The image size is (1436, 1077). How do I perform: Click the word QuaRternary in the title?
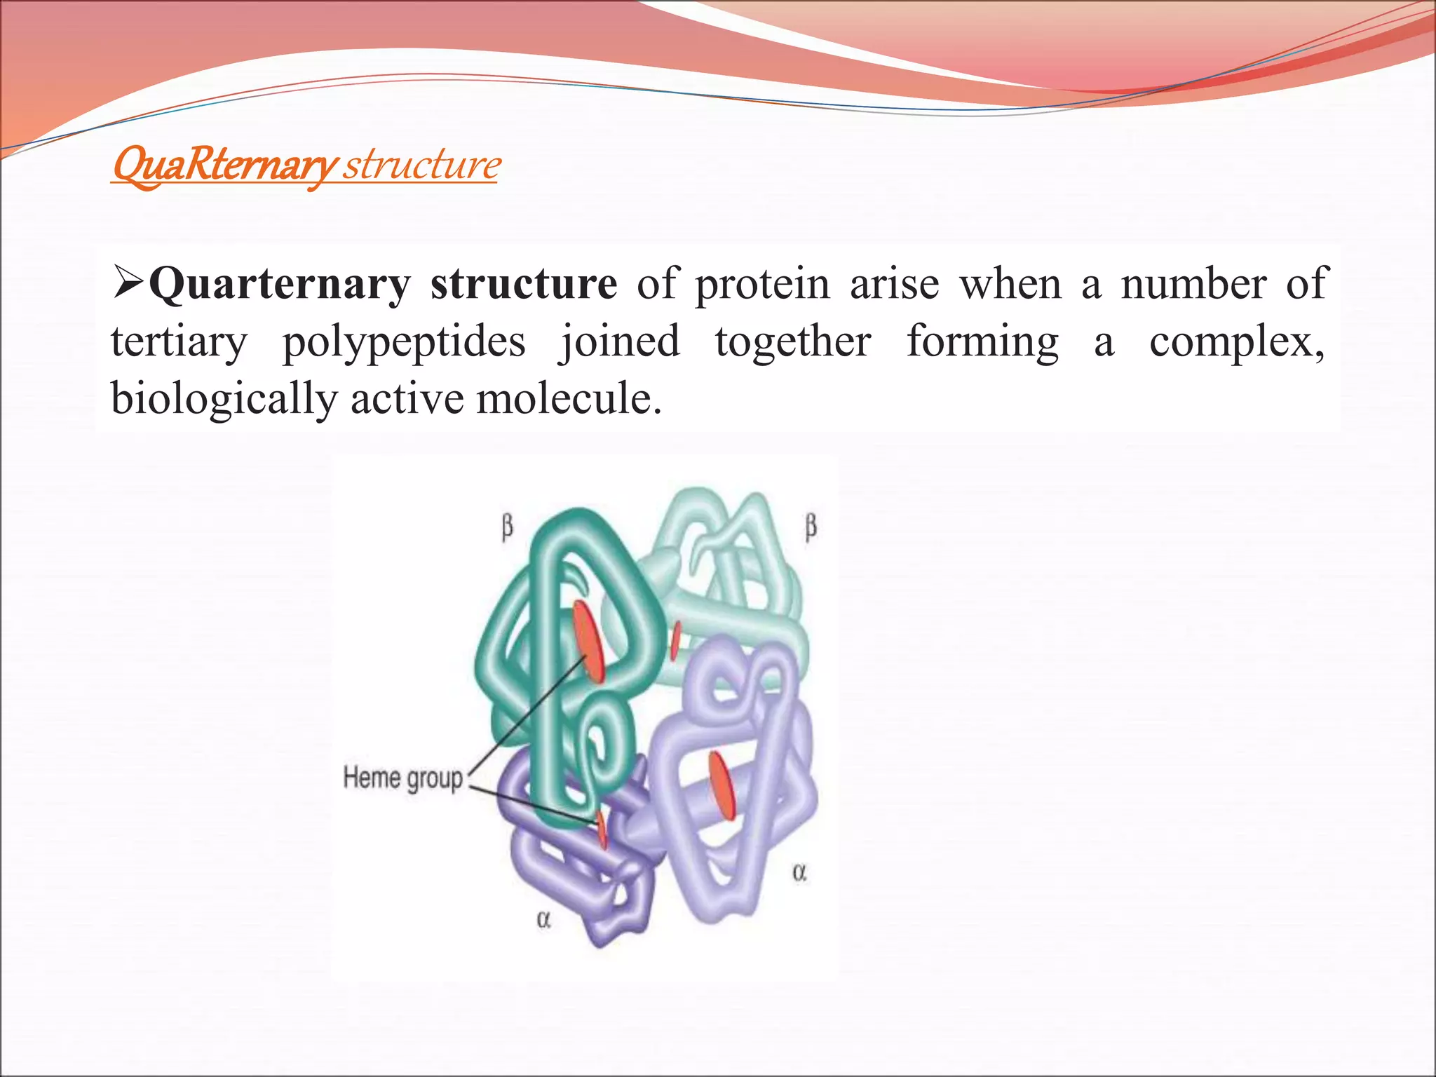click(x=223, y=166)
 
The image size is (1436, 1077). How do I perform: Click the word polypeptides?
click(x=404, y=342)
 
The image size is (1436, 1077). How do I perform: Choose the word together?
click(x=793, y=342)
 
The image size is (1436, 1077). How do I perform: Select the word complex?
click(x=1235, y=342)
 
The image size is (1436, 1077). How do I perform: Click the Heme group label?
click(x=403, y=778)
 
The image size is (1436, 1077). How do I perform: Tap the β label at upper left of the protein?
click(x=507, y=527)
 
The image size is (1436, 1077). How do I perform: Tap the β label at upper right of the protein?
click(x=811, y=527)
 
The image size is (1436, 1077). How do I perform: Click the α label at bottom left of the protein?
click(x=543, y=919)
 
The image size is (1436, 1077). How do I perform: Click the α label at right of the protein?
click(x=799, y=872)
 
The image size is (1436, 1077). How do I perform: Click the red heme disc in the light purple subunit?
click(x=722, y=785)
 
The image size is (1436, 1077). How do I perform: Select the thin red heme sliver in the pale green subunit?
click(x=675, y=640)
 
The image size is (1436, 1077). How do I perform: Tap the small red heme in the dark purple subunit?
click(x=602, y=830)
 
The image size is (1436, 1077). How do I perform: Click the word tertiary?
click(x=179, y=342)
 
